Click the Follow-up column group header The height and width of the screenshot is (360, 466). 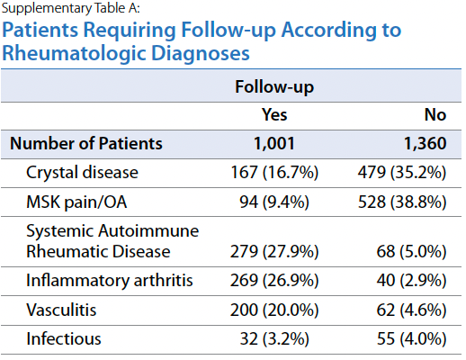pos(274,87)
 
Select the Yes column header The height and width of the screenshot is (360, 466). pos(274,114)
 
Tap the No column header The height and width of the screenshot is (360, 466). pos(435,114)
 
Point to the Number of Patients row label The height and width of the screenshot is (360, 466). pos(86,143)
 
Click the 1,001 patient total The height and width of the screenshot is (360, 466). pos(274,143)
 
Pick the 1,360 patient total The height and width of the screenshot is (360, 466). pos(426,143)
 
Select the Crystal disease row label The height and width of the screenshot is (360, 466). pos(82,173)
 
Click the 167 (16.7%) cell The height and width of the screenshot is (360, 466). pos(274,173)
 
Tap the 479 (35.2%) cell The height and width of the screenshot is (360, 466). pos(402,173)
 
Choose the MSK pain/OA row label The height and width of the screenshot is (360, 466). pos(76,202)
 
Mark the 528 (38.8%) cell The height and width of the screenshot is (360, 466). pos(402,202)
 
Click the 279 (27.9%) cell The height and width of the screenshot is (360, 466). pos(274,251)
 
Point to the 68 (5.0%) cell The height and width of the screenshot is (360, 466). pos(411,251)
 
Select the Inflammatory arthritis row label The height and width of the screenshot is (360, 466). pos(110,281)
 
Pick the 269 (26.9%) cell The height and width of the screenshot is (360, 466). pos(274,281)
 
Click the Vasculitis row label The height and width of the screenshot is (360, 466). pos(61,310)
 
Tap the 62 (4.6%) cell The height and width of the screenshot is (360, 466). pos(411,310)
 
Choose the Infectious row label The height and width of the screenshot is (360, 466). pos(64,338)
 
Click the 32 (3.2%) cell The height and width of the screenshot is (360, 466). pos(274,339)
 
